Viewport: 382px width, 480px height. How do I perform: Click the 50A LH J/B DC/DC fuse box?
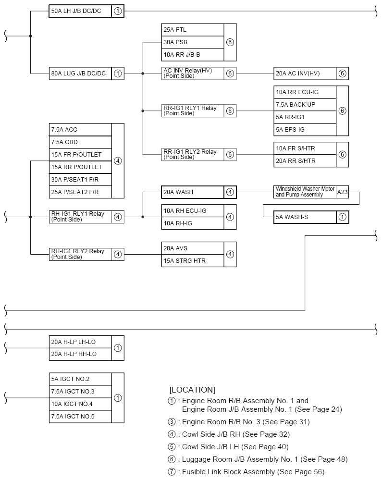[x=80, y=11]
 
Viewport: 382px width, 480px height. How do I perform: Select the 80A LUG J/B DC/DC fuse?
[x=80, y=74]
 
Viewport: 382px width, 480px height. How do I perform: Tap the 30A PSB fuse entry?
[x=193, y=42]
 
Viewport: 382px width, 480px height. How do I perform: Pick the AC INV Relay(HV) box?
[x=193, y=74]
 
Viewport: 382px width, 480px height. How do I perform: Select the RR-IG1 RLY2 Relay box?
[x=193, y=154]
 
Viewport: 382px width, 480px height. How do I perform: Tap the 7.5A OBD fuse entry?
[x=80, y=142]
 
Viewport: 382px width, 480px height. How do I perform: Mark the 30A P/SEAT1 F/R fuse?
[x=80, y=180]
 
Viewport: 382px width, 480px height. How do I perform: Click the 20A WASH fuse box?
[x=193, y=192]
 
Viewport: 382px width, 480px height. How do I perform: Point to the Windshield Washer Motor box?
[x=305, y=192]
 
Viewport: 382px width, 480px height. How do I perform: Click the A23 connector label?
[x=342, y=192]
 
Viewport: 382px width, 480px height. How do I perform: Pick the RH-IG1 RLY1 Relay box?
[x=80, y=217]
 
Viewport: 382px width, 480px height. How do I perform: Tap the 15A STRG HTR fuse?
[x=193, y=261]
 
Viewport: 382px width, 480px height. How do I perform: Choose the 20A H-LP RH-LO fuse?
[x=80, y=354]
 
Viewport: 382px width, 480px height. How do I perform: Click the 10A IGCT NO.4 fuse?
[x=80, y=404]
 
